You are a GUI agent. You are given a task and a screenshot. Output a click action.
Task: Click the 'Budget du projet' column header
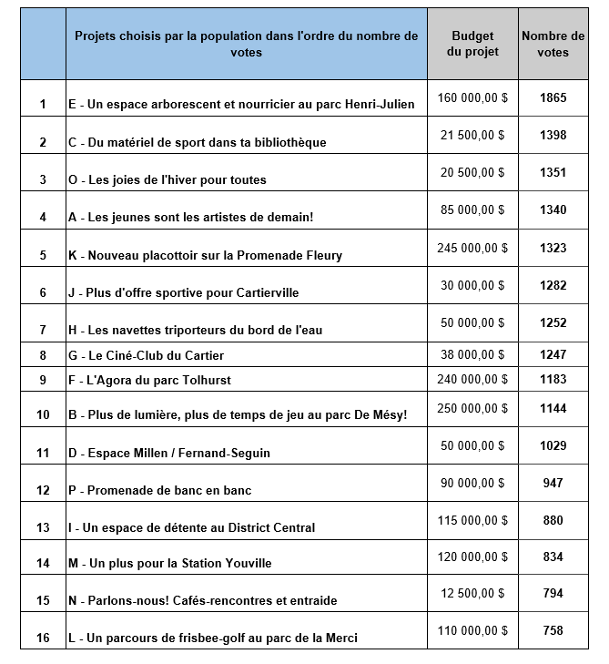[x=472, y=44]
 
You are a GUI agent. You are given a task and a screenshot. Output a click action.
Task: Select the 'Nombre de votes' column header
[x=553, y=44]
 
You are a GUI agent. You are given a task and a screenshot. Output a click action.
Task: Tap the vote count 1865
[x=553, y=97]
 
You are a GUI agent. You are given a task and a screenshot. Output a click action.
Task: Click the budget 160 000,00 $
[x=472, y=97]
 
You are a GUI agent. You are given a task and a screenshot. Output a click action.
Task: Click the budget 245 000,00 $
[x=472, y=248]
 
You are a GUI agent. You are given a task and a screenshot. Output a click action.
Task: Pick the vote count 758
[x=553, y=630]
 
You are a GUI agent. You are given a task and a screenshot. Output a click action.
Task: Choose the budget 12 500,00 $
[x=472, y=593]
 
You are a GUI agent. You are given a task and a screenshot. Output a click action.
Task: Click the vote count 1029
[x=553, y=445]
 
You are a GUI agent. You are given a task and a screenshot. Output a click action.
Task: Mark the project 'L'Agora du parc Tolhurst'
[x=150, y=379]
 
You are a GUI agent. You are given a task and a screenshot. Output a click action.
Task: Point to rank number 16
[x=43, y=638]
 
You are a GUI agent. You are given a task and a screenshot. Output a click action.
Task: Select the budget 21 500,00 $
[x=472, y=135]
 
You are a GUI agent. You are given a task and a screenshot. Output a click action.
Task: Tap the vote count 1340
[x=553, y=209]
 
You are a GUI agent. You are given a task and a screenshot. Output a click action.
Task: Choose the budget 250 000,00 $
[x=472, y=408]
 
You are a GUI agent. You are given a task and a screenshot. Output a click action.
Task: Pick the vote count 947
[x=553, y=483]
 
